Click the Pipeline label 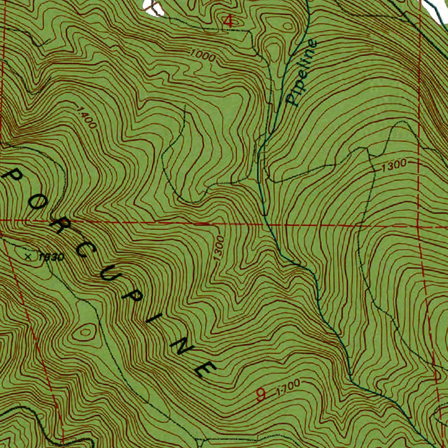(301, 73)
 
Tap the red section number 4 (228, 21)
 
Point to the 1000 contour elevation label (203, 56)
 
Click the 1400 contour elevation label (86, 117)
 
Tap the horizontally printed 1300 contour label (394, 165)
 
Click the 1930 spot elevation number (52, 257)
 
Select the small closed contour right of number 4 (287, 26)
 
